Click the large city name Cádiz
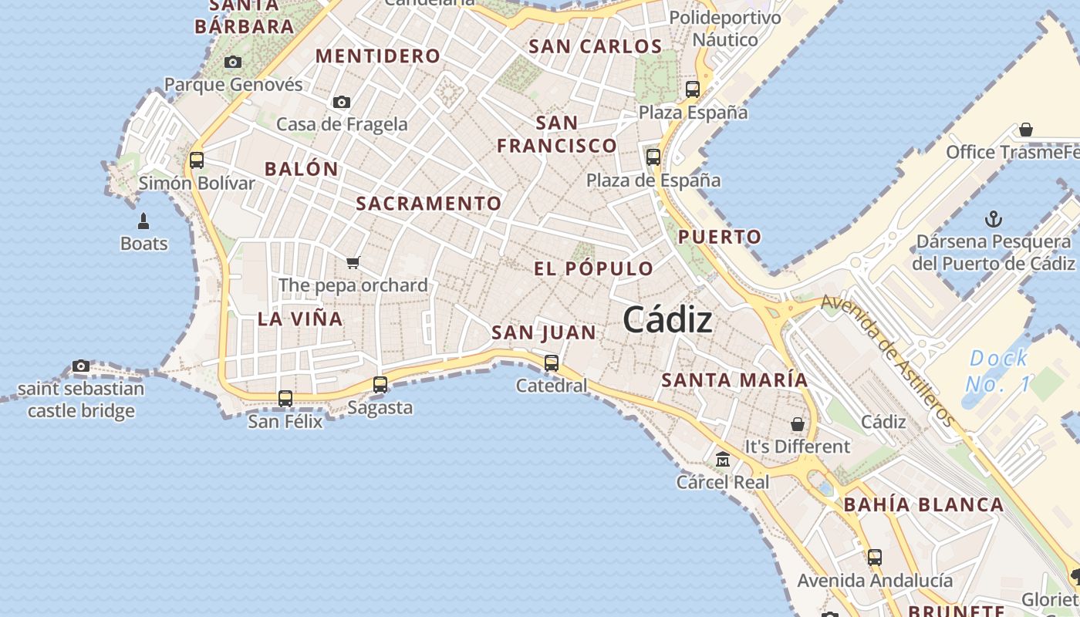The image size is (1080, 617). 667,319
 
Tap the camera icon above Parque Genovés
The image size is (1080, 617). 233,62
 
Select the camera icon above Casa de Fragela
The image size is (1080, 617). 342,102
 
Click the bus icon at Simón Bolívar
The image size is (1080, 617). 197,160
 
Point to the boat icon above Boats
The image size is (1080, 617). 143,221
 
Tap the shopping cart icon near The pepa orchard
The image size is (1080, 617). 353,262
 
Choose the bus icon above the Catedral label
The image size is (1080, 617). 552,362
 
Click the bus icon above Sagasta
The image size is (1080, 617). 380,384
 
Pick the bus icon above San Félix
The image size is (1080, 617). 285,398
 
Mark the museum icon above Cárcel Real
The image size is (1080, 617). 723,460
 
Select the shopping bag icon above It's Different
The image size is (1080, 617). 798,424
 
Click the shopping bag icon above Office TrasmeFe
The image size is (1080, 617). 1026,130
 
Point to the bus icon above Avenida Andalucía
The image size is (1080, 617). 875,557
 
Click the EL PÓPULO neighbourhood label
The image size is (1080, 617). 594,268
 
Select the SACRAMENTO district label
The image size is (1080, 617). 429,204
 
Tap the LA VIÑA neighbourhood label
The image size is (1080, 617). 300,319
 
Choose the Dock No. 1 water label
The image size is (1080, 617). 998,370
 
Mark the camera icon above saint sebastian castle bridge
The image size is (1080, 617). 81,366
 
